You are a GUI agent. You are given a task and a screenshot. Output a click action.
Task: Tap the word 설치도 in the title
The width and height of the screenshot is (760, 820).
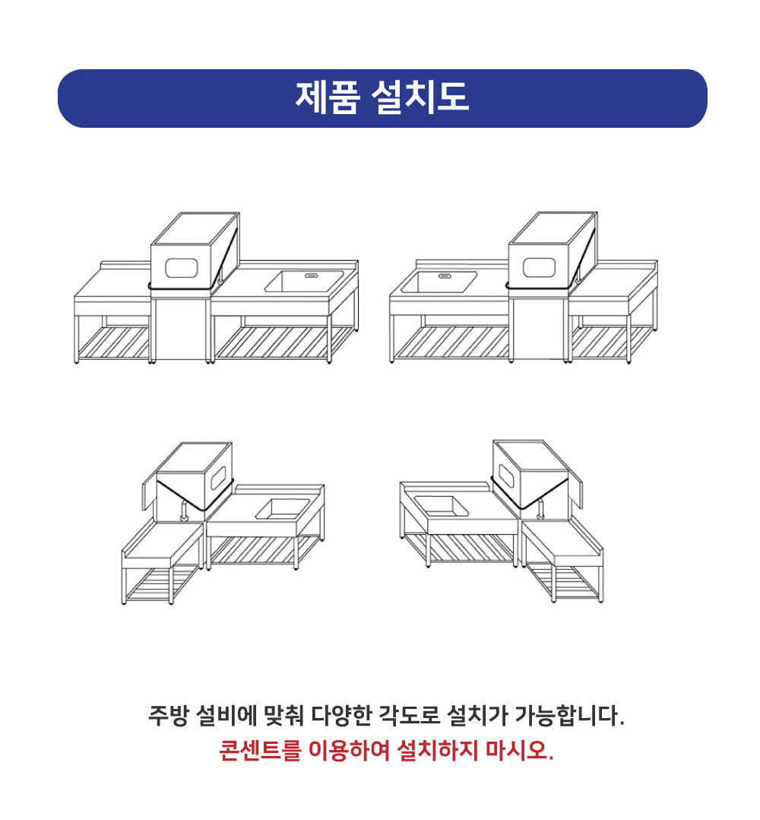pos(420,98)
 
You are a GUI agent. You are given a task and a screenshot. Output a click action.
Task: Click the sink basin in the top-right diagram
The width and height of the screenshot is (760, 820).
pos(439,281)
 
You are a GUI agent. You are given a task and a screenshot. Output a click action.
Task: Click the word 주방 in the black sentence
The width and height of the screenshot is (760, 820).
pos(167,717)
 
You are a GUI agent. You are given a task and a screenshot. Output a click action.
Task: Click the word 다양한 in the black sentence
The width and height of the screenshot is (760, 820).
pos(340,717)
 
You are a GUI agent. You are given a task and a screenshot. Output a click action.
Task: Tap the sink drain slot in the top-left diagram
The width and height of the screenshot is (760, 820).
pos(312,275)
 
